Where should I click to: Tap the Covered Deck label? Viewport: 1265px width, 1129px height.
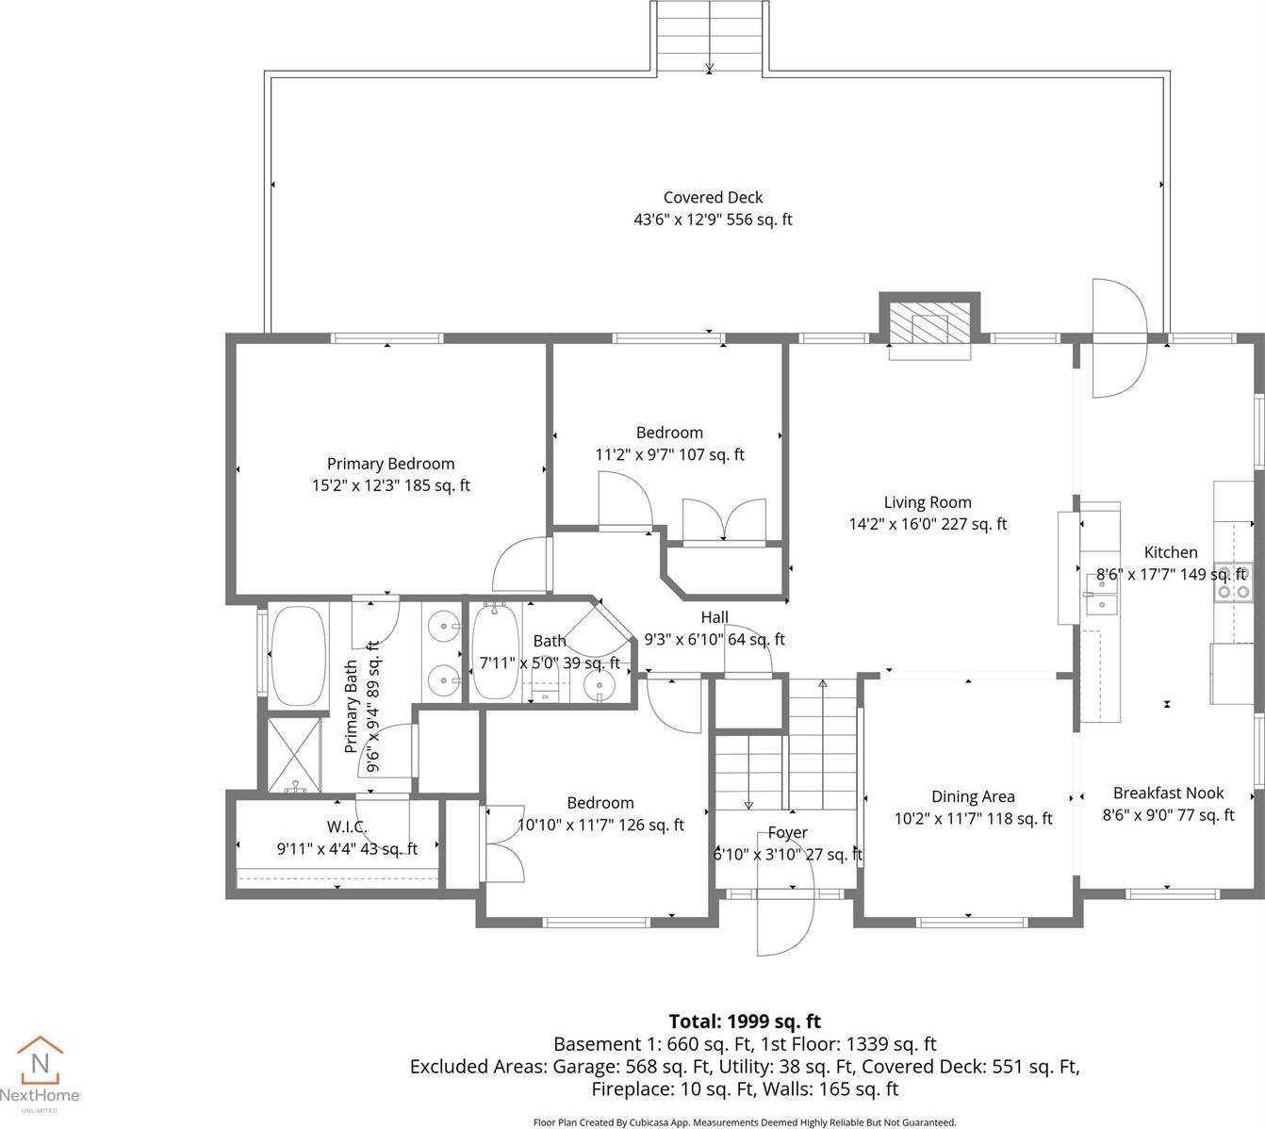click(x=713, y=197)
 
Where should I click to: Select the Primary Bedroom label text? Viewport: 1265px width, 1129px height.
click(x=390, y=464)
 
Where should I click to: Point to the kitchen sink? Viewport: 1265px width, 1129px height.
click(x=1099, y=595)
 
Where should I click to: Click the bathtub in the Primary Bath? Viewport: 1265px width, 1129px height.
click(x=298, y=656)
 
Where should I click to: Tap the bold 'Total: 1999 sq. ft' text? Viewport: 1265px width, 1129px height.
click(x=745, y=1022)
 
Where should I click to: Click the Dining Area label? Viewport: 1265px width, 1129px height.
click(x=973, y=796)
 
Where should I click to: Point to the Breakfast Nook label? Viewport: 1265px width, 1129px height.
click(x=1168, y=794)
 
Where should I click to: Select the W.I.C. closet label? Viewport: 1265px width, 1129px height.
click(x=346, y=826)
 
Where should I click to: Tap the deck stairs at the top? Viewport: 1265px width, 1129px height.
click(x=709, y=36)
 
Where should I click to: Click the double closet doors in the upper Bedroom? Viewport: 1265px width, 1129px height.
click(x=724, y=521)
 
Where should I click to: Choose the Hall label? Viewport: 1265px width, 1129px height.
click(x=715, y=617)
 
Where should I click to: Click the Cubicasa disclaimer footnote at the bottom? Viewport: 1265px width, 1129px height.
click(x=744, y=1121)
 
